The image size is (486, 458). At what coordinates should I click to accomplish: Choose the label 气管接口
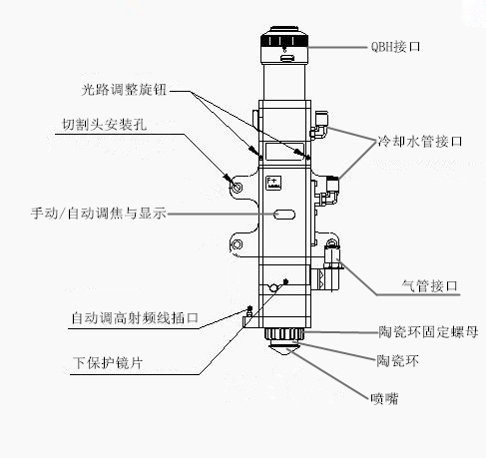[425, 286]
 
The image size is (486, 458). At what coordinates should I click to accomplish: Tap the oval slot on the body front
[284, 215]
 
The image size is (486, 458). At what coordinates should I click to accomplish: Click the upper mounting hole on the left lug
[237, 187]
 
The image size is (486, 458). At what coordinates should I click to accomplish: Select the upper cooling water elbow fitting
[318, 126]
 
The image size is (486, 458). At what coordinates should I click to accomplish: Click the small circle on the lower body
[271, 290]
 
